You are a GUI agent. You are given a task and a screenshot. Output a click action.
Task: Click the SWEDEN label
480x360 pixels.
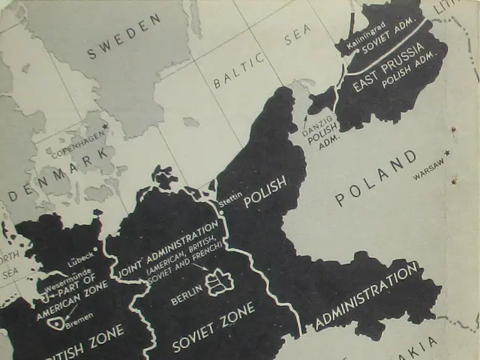click(x=124, y=36)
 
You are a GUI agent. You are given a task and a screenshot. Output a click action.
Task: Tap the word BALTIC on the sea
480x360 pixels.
click(x=238, y=69)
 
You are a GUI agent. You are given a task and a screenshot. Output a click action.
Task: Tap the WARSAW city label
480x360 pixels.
click(x=427, y=166)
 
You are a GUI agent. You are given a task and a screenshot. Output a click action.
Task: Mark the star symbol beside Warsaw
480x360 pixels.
click(x=448, y=153)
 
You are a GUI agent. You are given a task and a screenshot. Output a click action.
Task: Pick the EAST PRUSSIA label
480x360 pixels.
click(x=389, y=67)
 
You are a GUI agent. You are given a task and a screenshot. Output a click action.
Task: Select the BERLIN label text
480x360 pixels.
click(x=186, y=293)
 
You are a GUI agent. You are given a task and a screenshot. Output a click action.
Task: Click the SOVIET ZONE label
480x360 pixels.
click(x=213, y=328)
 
